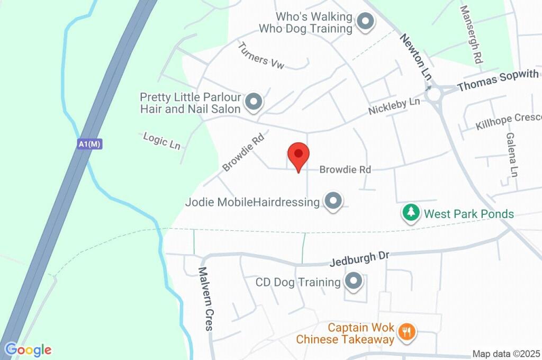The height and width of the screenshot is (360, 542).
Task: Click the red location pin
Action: coord(299,155)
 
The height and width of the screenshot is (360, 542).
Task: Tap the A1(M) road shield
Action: coord(89,143)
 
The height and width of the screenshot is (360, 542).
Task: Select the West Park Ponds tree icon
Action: coord(410,214)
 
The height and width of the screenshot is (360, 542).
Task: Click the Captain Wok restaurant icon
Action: coord(407,332)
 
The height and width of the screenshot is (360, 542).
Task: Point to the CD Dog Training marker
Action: coord(353,282)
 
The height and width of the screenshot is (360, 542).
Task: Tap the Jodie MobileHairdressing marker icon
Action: coord(333,202)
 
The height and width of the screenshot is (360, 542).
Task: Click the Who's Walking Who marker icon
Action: coord(364,22)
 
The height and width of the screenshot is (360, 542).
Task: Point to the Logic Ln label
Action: coord(162,140)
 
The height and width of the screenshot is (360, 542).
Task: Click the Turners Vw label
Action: coord(261,56)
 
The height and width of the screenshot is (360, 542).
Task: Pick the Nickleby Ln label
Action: coord(394,106)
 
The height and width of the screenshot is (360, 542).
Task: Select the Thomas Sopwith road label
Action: coord(498,80)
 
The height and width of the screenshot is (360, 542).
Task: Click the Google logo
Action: coord(28,350)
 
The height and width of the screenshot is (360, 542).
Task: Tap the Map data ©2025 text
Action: coord(506,354)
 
